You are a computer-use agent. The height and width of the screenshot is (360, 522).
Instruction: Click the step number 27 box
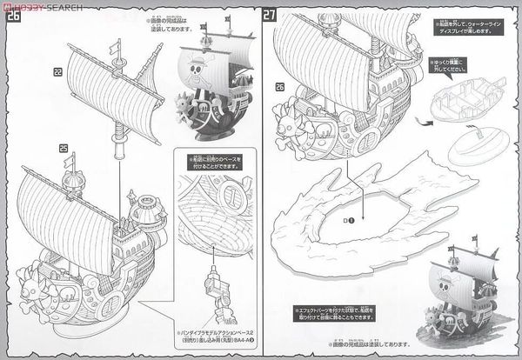(271, 15)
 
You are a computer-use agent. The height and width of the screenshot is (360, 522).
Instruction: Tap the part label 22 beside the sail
(57, 71)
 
